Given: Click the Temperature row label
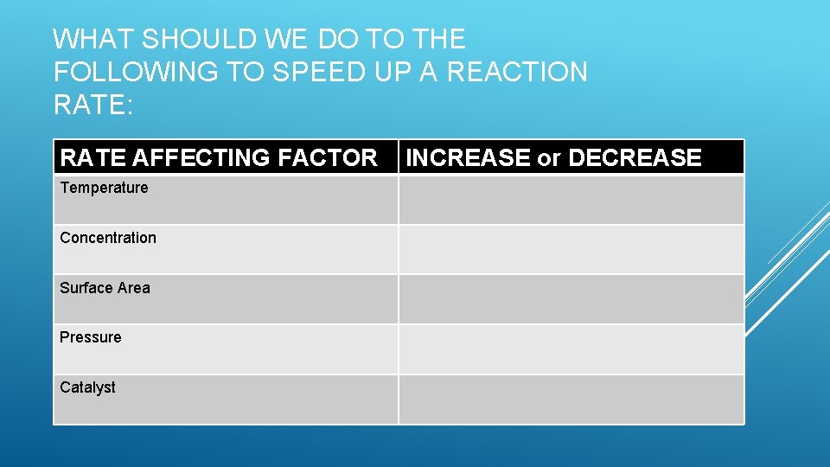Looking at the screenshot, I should pos(104,188).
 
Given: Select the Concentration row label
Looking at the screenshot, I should pos(108,238).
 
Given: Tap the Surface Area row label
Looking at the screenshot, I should pos(105,288).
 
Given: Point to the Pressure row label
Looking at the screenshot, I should pos(91,337).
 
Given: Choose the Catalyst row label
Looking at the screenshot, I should pos(87,387).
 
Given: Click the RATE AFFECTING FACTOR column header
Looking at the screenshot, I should pos(219,157).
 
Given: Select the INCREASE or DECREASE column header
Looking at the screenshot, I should pos(553,157).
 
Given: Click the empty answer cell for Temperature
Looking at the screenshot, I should pos(571,200).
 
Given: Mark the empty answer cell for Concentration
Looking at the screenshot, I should pos(571,250).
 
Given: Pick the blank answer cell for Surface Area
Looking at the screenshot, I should pos(571,299).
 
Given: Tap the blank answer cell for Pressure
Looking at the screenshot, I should pos(571,349).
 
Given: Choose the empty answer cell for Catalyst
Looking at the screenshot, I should pos(571,400).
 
